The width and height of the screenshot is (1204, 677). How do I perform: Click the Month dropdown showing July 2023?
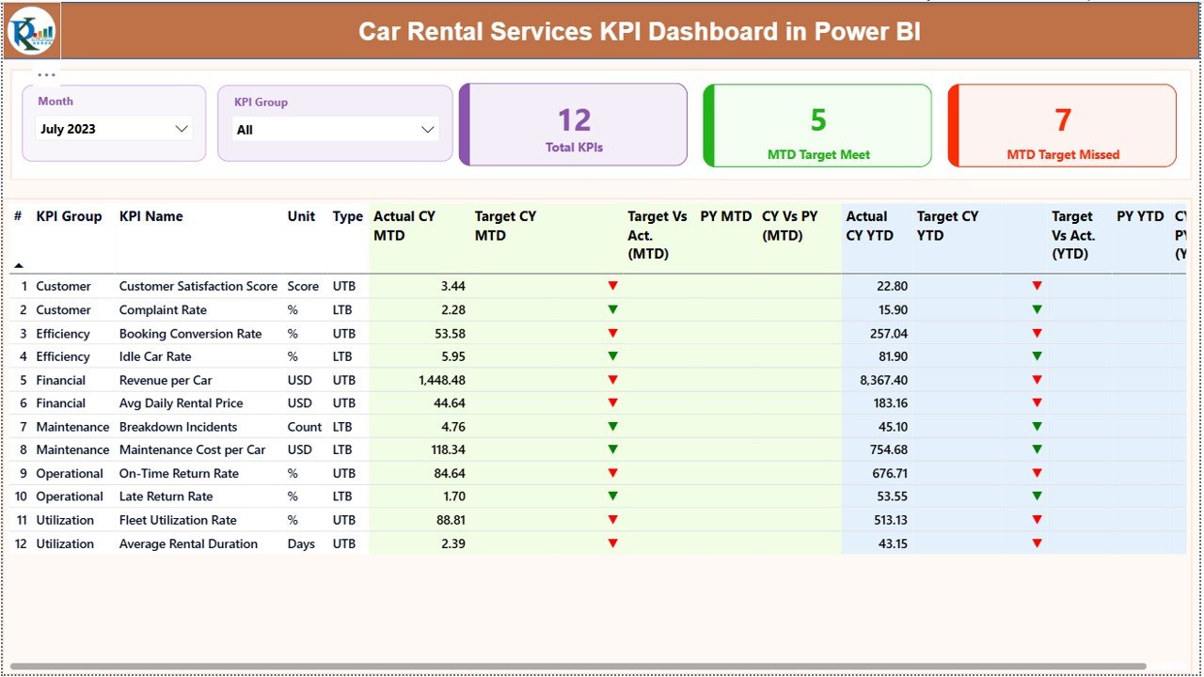114,129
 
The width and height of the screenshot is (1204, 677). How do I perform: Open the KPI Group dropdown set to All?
335,130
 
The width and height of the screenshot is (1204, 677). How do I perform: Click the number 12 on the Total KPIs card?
574,119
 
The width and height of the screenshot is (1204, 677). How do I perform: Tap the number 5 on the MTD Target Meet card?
818,119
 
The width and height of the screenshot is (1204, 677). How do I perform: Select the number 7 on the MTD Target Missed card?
1063,119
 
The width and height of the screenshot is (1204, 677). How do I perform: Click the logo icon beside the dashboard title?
32,32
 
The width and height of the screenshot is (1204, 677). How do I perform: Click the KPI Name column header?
150,216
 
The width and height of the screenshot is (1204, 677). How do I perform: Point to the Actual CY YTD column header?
866,226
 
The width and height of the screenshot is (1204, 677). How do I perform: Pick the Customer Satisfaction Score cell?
198,287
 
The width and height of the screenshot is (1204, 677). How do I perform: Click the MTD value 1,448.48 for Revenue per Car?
441,380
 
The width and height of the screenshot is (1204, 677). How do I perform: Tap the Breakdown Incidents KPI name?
178,427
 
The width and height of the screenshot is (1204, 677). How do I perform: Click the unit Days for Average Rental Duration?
301,543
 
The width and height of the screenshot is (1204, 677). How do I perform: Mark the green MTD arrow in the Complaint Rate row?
613,309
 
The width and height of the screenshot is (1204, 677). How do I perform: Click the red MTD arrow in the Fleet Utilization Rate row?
613,520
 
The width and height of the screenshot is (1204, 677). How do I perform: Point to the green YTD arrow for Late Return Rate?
1038,496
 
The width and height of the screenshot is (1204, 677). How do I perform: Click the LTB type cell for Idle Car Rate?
343,356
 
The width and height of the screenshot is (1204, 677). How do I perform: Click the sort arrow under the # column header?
18,266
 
